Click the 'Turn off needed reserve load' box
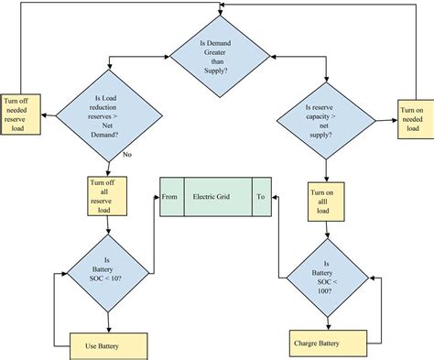coord(21,112)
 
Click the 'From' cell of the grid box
coord(170,196)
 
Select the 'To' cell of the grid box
coord(261,196)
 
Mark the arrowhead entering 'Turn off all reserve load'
coord(109,172)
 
